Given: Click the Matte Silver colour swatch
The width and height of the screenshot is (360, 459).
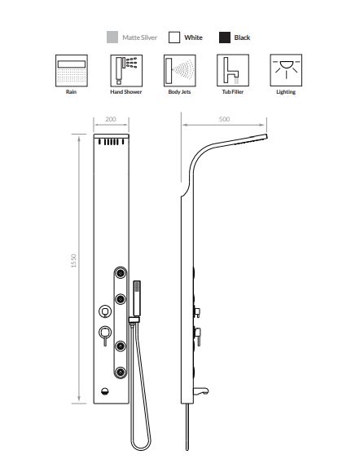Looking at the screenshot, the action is point(112,38).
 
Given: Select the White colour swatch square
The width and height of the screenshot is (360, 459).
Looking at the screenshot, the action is point(174,38).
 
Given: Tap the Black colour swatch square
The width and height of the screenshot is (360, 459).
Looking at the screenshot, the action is point(225,38).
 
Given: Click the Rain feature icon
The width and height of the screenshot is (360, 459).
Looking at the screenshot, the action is point(72,71).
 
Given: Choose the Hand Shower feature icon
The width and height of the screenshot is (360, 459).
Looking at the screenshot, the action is point(126,71).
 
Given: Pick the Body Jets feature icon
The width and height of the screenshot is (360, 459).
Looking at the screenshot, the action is point(179,71).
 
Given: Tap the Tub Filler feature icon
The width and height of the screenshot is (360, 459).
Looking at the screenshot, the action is point(233,70).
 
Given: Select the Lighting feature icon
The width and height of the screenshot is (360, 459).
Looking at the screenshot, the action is point(286,70).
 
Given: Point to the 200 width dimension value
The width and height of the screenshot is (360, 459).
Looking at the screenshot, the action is point(111,119).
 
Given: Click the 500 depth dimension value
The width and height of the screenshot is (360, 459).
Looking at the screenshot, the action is point(224,119).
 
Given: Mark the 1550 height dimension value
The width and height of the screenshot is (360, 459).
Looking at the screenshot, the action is point(73,261).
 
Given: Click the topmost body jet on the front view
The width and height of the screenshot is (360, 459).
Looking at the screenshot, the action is point(121,273).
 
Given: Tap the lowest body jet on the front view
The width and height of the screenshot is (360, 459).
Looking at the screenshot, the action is point(121,372).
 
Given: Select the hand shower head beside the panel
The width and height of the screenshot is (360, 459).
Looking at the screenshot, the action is point(137,298).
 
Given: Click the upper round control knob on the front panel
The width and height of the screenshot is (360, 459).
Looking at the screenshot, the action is point(105,311).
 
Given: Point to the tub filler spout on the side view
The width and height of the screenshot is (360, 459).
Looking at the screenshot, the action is point(200,391).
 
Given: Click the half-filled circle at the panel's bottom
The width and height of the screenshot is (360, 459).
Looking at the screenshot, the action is point(105,391).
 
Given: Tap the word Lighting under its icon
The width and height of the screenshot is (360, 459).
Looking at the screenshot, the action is point(286,92).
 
